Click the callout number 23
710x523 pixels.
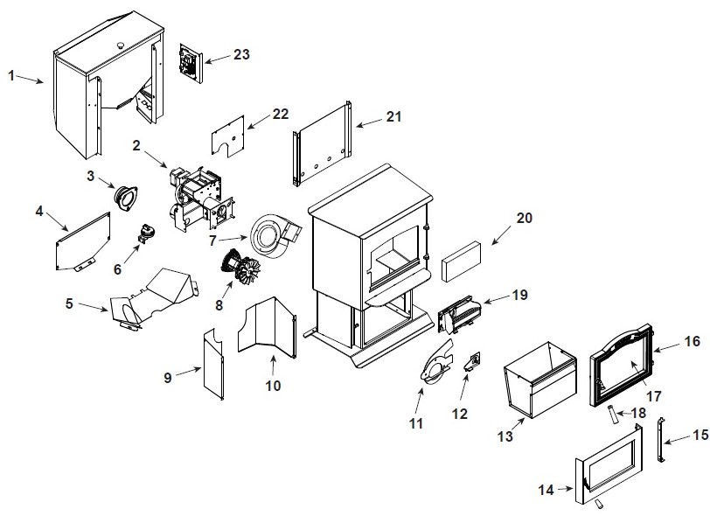pyautogui.click(x=241, y=54)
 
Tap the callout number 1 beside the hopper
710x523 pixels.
pyautogui.click(x=11, y=75)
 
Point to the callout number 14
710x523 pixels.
pyautogui.click(x=546, y=491)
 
